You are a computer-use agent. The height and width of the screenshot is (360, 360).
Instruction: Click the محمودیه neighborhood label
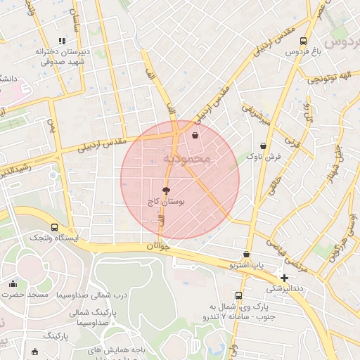coord(187,160)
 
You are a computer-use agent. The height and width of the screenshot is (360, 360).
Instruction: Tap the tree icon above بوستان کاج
coord(166,190)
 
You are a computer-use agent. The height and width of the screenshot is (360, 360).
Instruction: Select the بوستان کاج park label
coord(167,201)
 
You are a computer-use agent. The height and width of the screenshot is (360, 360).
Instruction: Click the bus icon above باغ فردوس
coord(303,41)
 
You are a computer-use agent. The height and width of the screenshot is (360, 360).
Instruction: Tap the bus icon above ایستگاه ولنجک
coord(55,227)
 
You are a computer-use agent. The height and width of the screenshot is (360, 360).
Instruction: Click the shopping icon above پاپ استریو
coord(246,254)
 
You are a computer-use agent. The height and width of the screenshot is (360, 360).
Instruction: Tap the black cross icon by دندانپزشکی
coord(284,278)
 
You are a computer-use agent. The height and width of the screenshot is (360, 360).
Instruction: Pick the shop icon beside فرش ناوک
coord(253,146)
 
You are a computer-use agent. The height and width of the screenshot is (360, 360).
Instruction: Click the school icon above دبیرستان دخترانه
coord(62,41)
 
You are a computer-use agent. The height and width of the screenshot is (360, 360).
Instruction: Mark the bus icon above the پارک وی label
coord(239,295)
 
